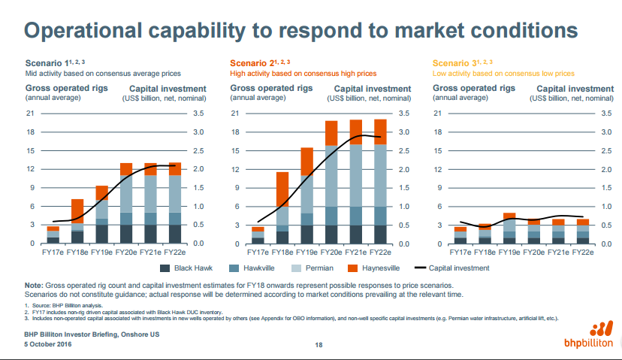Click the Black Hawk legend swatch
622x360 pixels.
pyautogui.click(x=165, y=268)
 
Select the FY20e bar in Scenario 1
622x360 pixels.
pyautogui.click(x=126, y=203)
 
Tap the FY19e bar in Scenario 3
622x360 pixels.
pyautogui.click(x=509, y=228)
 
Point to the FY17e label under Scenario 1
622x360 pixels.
pyautogui.click(x=53, y=253)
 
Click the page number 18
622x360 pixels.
pyautogui.click(x=319, y=345)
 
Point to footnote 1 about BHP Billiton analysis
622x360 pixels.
pyautogui.click(x=64, y=304)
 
